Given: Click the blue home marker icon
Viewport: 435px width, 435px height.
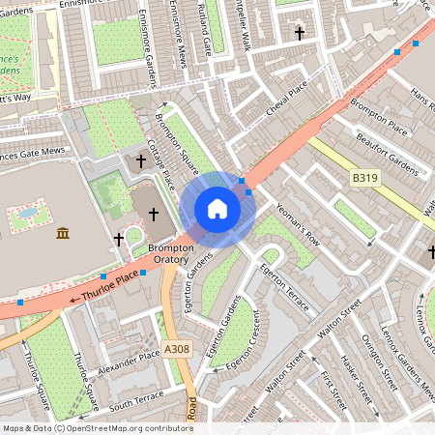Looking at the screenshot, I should [x=217, y=209].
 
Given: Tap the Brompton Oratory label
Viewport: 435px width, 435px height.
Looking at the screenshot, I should [x=172, y=254].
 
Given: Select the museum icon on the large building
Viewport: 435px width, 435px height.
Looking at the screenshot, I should [x=63, y=233].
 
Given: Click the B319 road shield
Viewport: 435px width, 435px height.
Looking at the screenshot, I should [x=362, y=178].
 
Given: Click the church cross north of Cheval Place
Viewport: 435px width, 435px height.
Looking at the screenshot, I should [x=299, y=34].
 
